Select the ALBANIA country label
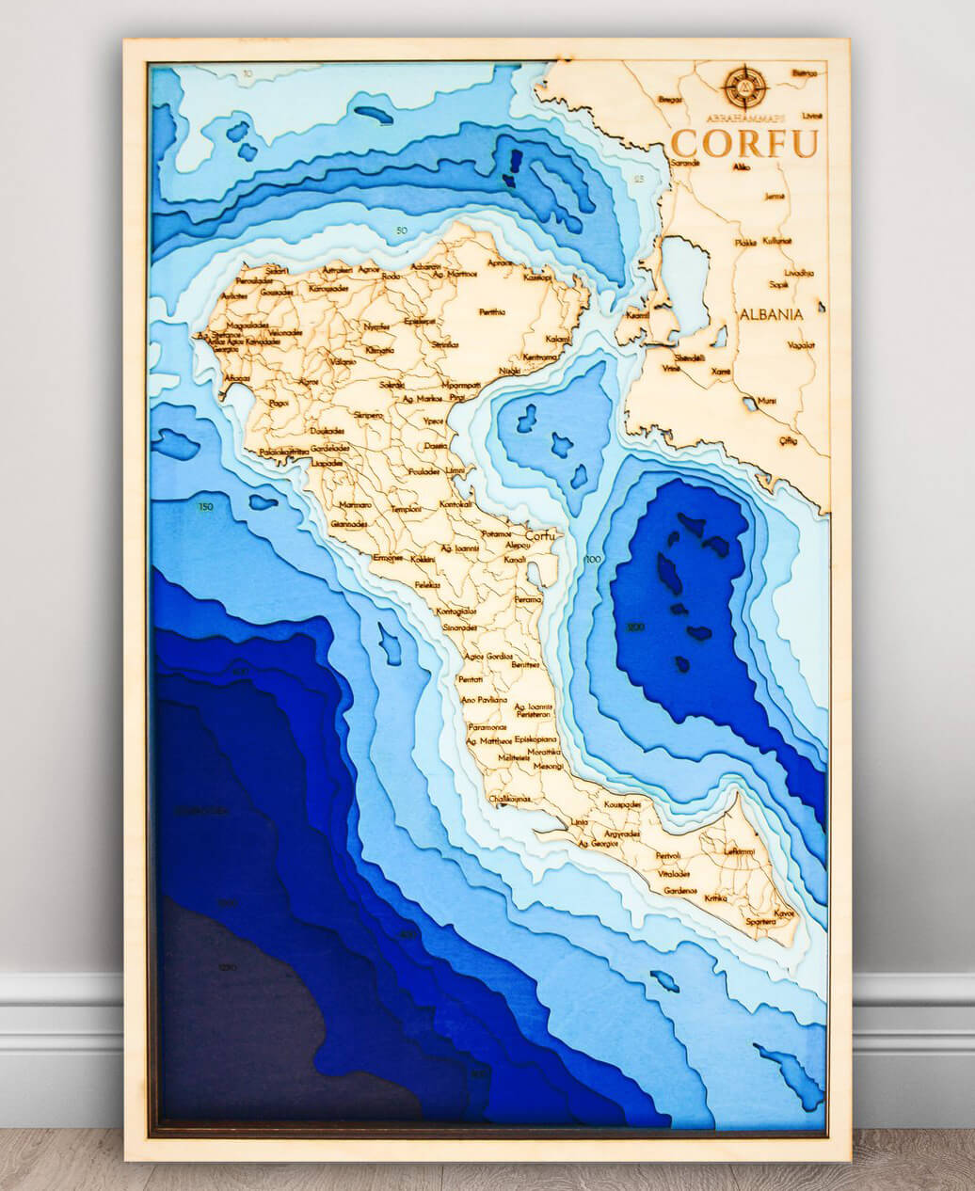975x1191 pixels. click(x=771, y=313)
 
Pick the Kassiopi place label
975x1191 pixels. click(x=537, y=278)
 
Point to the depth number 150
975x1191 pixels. click(x=205, y=508)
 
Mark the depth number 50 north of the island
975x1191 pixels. click(x=402, y=230)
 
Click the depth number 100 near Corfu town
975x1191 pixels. click(x=592, y=560)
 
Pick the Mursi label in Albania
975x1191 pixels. click(x=767, y=401)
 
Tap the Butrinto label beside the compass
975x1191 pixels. click(x=803, y=71)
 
